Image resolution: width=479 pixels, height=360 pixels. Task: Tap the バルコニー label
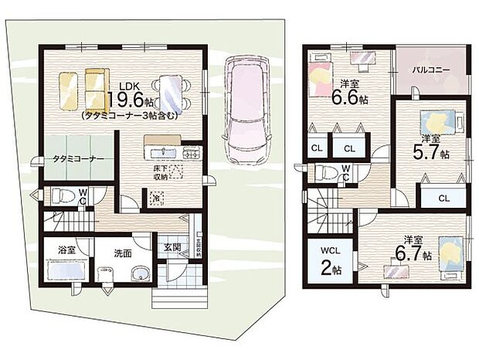pyautogui.click(x=430, y=70)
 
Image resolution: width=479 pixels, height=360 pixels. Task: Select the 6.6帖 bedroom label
pyautogui.click(x=351, y=92)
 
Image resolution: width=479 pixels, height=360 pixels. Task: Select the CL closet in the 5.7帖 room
pyautogui.click(x=443, y=198)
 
